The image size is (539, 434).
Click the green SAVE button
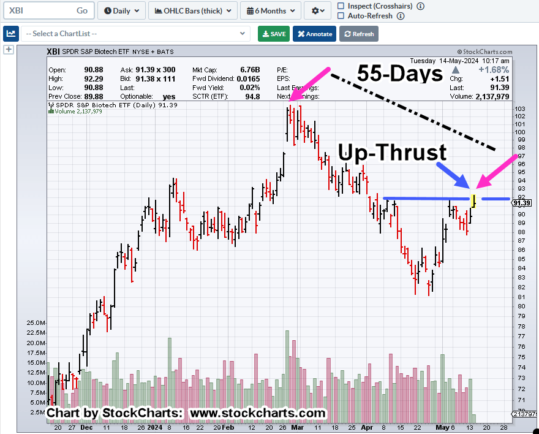(x=274, y=34)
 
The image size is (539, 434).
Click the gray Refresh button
(x=358, y=34)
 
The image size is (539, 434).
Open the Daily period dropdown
(x=121, y=10)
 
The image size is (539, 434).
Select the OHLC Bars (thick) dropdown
(x=193, y=10)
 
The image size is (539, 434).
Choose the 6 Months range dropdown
(x=270, y=10)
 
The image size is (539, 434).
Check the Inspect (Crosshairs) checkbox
(x=341, y=6)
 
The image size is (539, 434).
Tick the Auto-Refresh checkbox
(x=341, y=16)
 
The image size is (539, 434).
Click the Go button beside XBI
(x=82, y=10)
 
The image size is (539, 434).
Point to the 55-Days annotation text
(x=399, y=74)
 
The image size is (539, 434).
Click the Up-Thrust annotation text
(x=393, y=153)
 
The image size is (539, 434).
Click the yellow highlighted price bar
(x=473, y=199)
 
